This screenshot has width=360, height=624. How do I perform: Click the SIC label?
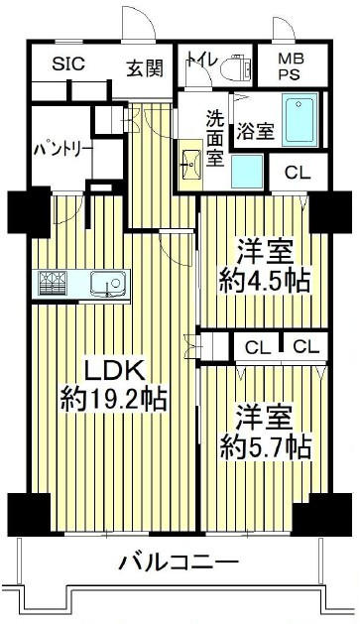(68, 63)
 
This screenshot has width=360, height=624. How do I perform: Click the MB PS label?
(292, 66)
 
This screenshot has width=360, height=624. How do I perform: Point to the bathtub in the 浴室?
(300, 120)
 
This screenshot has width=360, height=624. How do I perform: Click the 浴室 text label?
(256, 131)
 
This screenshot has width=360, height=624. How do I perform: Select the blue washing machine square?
(247, 172)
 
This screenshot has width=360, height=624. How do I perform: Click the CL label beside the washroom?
(298, 173)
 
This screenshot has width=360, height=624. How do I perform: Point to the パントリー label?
(62, 150)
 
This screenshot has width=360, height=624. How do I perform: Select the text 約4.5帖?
(265, 282)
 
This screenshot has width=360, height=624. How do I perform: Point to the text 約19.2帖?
(113, 400)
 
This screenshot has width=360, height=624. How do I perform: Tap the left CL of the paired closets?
(258, 348)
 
